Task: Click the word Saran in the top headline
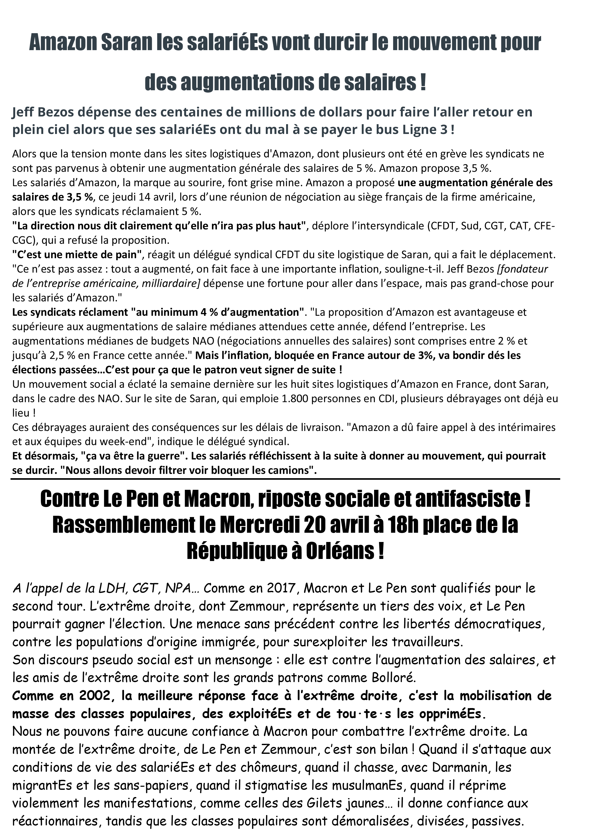point(126,43)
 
